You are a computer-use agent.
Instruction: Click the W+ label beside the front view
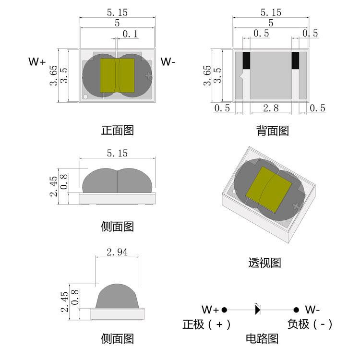coord(37,62)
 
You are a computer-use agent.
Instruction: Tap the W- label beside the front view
coord(168,62)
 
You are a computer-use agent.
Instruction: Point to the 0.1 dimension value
coord(131,34)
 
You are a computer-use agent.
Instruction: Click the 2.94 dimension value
coord(117,252)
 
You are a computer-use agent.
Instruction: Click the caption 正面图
coord(117,130)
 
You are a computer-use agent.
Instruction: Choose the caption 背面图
coord(272,130)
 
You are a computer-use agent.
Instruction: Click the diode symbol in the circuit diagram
coord(257,310)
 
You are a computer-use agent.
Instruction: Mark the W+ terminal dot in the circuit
coord(224,310)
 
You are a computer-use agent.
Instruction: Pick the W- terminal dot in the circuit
coord(296,310)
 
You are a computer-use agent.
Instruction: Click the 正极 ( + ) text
coord(206,324)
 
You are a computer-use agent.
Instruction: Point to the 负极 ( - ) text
coord(310,324)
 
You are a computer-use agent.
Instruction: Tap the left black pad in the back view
coord(247,60)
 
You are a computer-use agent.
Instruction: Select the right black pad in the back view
coord(295,60)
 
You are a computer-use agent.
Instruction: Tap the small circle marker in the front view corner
coord(85,96)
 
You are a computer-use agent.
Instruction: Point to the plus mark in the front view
coord(148,75)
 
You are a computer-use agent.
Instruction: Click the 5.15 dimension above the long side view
coord(117,154)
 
